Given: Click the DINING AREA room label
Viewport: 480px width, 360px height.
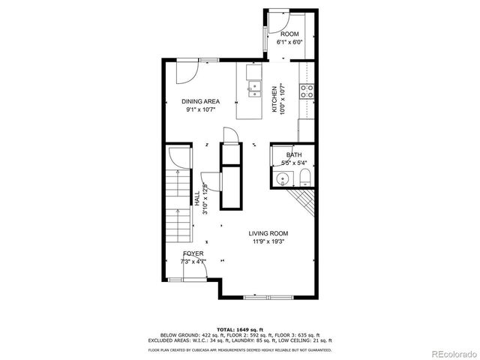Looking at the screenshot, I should [200, 101].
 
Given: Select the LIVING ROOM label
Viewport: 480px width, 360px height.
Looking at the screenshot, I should [268, 233].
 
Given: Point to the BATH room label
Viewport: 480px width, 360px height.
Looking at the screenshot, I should [293, 154].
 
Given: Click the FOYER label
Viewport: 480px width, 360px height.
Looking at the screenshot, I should [193, 253].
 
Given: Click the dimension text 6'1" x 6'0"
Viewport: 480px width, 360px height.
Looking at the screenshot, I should [290, 43].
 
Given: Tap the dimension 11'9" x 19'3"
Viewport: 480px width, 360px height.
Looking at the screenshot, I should [268, 241].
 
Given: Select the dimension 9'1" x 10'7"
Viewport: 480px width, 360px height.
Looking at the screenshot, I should [200, 109].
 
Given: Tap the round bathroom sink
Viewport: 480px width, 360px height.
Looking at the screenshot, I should [283, 178].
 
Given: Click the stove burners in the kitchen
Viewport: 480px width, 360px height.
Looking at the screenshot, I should [307, 91].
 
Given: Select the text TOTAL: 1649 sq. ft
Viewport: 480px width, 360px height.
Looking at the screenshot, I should [239, 329].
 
